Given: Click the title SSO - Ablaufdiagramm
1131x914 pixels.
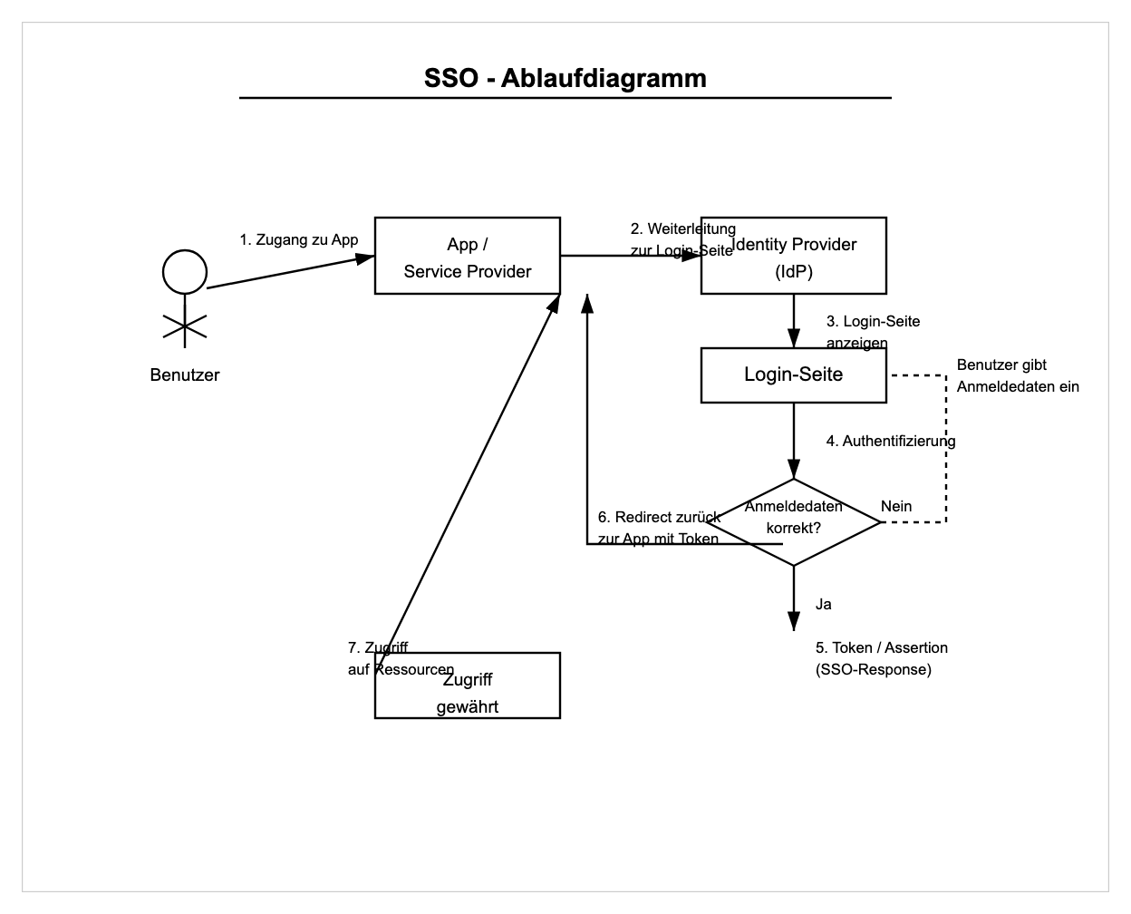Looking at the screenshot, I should [x=565, y=78].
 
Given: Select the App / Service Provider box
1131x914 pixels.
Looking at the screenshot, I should [x=468, y=257].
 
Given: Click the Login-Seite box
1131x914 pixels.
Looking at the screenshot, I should [x=794, y=375].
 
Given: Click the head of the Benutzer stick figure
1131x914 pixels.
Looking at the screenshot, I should [x=185, y=271].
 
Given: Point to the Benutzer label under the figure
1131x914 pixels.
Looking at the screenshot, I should [x=185, y=375].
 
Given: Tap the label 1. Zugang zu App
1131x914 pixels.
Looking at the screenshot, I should [x=298, y=240].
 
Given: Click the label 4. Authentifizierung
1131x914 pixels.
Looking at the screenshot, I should [x=891, y=442].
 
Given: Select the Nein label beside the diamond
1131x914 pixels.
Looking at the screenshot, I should [x=896, y=507].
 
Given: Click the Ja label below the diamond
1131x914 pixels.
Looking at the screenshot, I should [x=824, y=605].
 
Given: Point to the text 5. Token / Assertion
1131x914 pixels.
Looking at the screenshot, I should [x=882, y=648].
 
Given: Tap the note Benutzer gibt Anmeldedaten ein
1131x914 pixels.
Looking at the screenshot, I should [x=1018, y=375].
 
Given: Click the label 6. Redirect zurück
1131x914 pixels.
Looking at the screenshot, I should [x=659, y=518].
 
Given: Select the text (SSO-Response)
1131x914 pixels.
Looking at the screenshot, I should [x=874, y=670].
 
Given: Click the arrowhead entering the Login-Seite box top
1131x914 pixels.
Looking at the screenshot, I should [x=794, y=342].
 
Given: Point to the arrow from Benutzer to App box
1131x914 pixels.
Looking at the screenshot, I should [x=290, y=272].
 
